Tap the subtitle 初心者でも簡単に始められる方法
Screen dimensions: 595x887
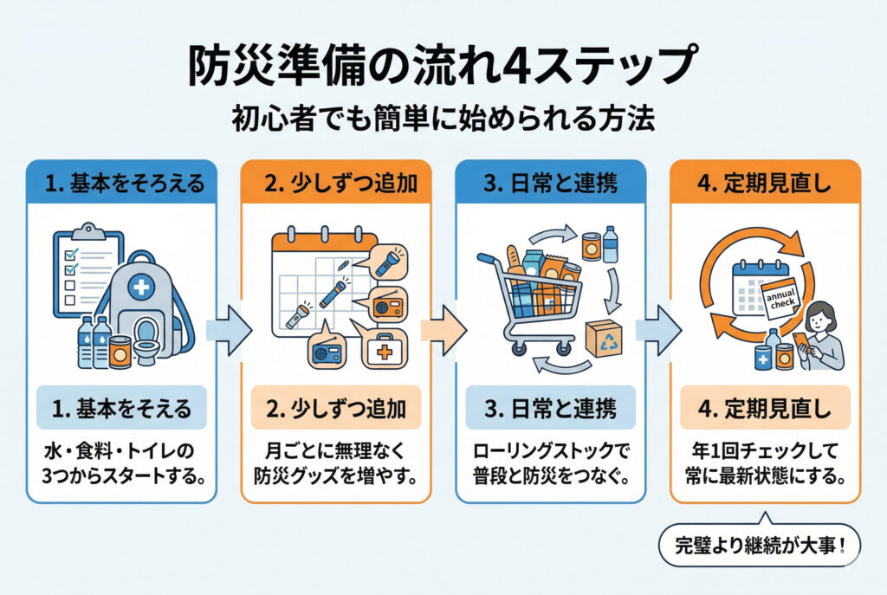443,119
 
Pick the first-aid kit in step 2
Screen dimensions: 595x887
382,350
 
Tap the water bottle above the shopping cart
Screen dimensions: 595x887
610,246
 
